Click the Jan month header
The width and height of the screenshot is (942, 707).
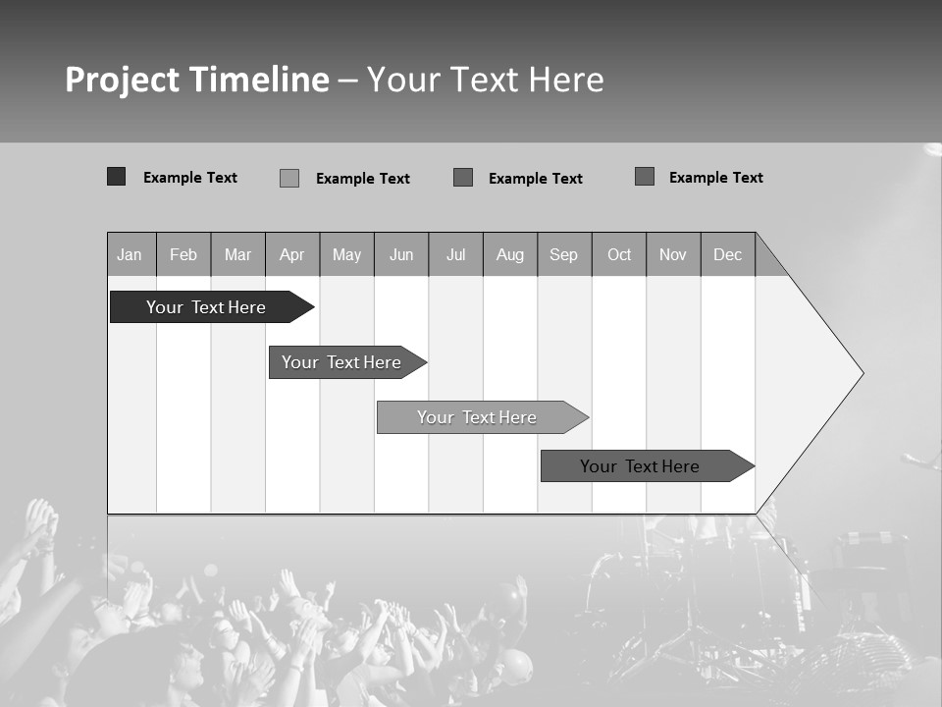131,254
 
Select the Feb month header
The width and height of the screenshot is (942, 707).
183,254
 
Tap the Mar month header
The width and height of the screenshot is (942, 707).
237,254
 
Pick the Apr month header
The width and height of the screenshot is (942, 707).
292,254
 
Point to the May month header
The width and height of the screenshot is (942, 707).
346,254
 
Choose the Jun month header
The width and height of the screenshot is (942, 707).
401,254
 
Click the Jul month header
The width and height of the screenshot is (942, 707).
455,254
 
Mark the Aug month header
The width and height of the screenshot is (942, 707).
510,254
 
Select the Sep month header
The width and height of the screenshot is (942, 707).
564,254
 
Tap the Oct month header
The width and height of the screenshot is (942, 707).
619,254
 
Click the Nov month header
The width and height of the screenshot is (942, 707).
673,254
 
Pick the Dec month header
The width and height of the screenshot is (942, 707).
728,254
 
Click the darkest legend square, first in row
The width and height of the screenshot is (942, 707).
117,177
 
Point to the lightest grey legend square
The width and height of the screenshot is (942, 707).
289,178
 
